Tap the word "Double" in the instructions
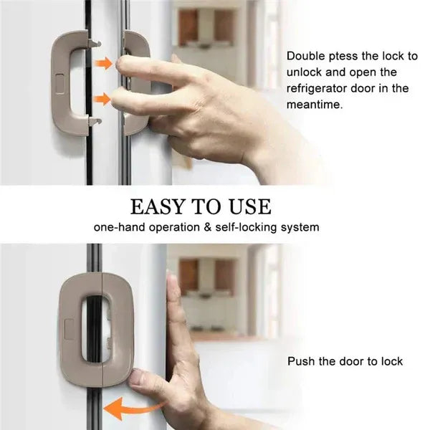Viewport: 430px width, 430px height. tap(305, 56)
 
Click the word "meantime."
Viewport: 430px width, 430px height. tap(315, 104)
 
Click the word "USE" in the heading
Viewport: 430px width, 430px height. tap(249, 207)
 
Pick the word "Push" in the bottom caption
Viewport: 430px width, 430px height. tap(300, 361)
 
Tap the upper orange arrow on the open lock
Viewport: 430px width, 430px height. tap(105, 64)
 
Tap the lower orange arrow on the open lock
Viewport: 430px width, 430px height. tap(105, 98)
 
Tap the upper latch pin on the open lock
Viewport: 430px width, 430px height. tap(95, 45)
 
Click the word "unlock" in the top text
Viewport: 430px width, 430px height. tap(303, 72)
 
